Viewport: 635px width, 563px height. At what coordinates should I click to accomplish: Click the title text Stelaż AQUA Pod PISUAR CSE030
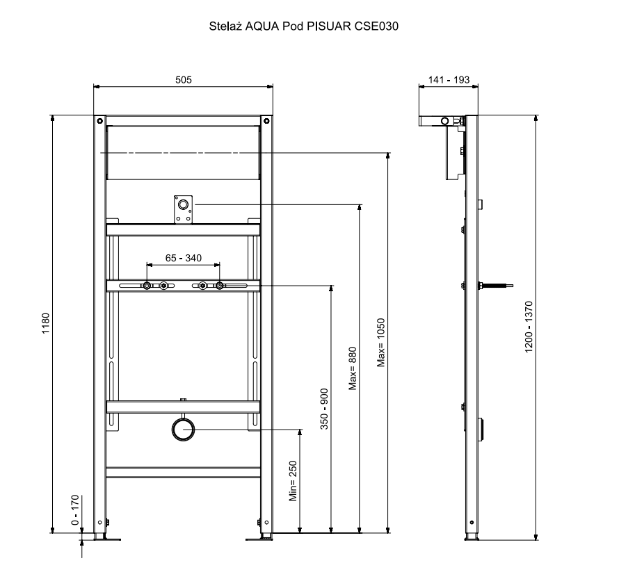[303, 26]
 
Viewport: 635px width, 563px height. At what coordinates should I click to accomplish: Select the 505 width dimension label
[184, 80]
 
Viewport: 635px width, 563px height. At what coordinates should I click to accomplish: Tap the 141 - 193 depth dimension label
[449, 80]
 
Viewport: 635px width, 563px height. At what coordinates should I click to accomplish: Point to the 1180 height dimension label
[45, 323]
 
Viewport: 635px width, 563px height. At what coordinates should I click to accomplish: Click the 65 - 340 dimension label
[184, 258]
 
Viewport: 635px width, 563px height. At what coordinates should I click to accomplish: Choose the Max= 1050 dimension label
[381, 343]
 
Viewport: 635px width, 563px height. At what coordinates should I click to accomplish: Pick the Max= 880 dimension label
[353, 368]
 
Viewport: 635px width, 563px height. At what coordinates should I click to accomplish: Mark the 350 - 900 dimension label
[324, 409]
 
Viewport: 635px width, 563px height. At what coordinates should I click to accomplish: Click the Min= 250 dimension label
[294, 481]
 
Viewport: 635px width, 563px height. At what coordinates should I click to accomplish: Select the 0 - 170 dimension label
[75, 510]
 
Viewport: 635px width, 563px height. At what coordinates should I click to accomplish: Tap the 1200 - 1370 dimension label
[529, 327]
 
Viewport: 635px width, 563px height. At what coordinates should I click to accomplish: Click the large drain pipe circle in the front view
[183, 430]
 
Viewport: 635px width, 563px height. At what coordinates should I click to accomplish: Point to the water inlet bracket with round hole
[183, 209]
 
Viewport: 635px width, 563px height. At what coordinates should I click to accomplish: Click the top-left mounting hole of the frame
[99, 121]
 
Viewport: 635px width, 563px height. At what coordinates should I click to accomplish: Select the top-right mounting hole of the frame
[266, 121]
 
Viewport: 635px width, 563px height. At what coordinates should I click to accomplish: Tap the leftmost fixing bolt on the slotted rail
[147, 286]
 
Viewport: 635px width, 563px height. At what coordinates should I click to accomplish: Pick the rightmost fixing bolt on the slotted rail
[220, 286]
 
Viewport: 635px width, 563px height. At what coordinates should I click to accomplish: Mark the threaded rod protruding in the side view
[496, 286]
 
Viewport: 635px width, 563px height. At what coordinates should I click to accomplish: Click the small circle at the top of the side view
[444, 121]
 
